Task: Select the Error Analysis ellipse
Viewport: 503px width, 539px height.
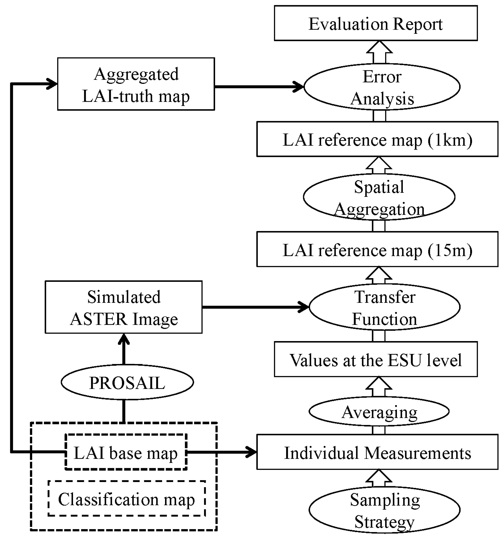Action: (x=382, y=87)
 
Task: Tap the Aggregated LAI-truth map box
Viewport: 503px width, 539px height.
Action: (x=136, y=84)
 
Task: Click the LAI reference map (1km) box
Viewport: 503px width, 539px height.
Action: (x=377, y=139)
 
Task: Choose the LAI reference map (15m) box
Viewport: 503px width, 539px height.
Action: (x=377, y=249)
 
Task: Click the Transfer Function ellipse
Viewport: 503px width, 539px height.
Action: (x=384, y=307)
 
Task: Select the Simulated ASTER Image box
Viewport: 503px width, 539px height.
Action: (x=124, y=307)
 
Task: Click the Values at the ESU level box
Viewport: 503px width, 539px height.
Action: (x=375, y=359)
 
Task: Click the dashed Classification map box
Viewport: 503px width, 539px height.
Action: (x=127, y=498)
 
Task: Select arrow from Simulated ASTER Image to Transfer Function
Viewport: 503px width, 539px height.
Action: (x=255, y=307)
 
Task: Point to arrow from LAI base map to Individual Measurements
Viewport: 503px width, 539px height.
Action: (x=221, y=452)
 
